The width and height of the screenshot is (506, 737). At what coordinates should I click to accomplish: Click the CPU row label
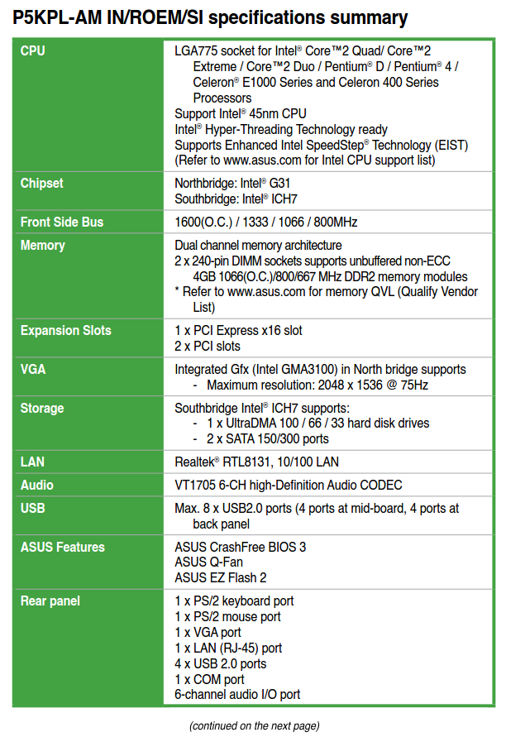tap(33, 51)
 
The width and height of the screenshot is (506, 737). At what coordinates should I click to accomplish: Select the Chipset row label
tap(41, 183)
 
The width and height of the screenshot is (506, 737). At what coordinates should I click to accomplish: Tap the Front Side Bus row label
tap(62, 222)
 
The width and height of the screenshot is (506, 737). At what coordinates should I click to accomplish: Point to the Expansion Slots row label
tap(65, 331)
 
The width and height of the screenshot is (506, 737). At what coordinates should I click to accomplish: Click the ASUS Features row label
tap(62, 547)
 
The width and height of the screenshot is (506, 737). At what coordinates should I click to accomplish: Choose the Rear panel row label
tap(50, 601)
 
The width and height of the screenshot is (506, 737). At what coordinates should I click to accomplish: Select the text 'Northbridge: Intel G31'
tap(232, 183)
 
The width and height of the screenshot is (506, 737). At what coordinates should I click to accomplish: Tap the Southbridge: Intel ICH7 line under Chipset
tap(236, 199)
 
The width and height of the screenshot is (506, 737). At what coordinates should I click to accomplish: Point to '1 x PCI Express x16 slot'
tap(238, 331)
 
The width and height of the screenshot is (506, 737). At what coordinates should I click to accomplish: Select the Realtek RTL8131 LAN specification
tap(256, 462)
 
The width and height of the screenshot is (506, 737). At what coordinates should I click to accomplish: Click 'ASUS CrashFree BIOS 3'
tap(240, 547)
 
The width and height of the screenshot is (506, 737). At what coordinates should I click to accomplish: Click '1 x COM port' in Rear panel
tap(209, 679)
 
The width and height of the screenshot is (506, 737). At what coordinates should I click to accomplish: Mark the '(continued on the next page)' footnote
tap(253, 725)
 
